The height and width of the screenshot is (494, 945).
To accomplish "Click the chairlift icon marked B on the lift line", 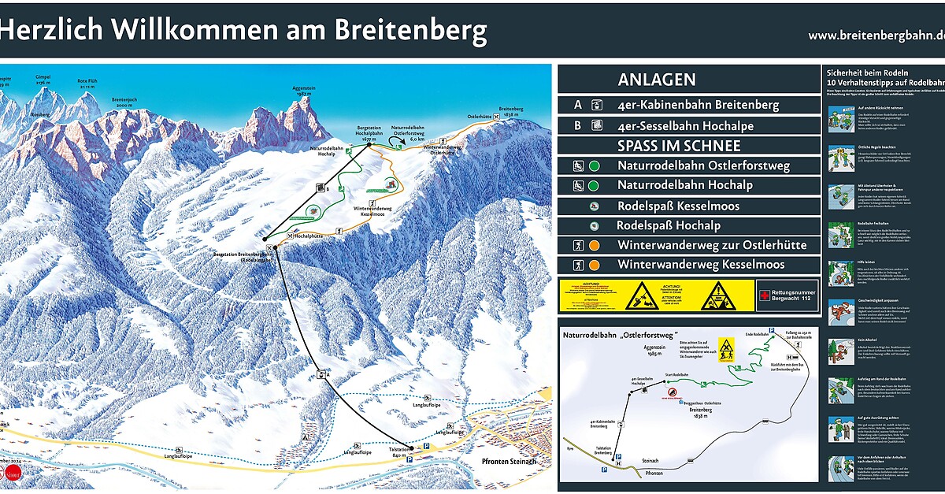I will click(x=321, y=188).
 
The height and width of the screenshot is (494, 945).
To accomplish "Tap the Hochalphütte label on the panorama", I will click(x=310, y=235).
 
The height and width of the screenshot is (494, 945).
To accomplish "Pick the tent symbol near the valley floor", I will click(x=304, y=437).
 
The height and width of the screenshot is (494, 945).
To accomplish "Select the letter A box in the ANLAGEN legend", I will click(x=578, y=105).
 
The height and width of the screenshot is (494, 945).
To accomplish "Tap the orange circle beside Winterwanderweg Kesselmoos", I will click(x=594, y=266).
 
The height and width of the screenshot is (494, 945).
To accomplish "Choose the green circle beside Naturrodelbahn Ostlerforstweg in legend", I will click(x=594, y=166).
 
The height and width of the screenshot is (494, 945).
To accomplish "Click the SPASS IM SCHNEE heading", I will click(x=679, y=146).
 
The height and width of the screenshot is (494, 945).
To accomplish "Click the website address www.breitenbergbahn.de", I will click(x=875, y=35).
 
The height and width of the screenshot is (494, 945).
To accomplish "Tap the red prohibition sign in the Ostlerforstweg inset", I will click(x=672, y=392).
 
